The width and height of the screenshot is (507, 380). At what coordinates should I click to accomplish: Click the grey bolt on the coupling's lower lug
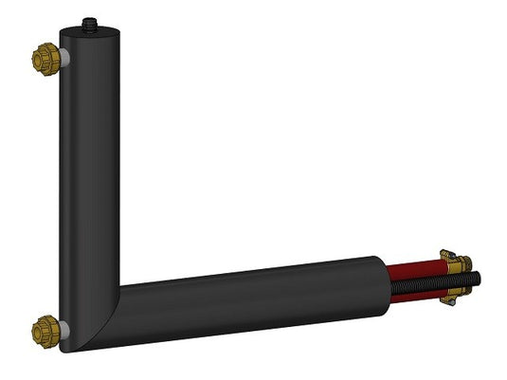[446, 299]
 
